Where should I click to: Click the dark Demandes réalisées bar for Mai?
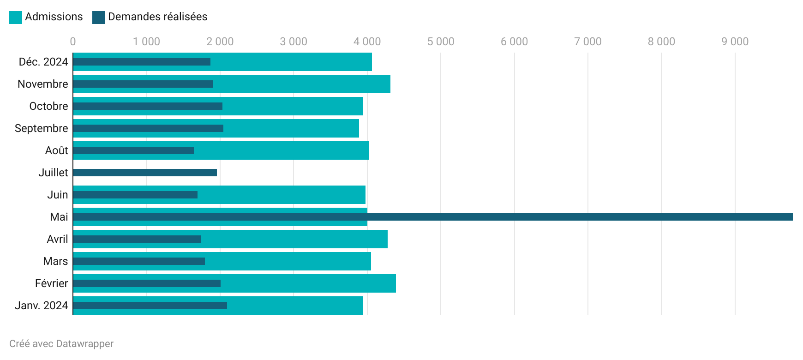click(x=432, y=217)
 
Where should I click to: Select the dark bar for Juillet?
click(x=145, y=173)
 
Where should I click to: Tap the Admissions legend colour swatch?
click(x=16, y=18)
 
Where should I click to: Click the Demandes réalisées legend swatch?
click(x=99, y=18)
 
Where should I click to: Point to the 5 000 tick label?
click(x=441, y=42)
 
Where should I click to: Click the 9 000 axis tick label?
click(x=735, y=42)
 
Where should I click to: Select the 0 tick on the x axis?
click(x=73, y=42)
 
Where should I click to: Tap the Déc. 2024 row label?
click(x=43, y=62)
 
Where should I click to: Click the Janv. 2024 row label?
click(x=42, y=306)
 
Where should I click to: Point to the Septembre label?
click(x=42, y=128)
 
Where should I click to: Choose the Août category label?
click(x=56, y=150)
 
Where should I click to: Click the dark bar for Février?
click(x=147, y=283)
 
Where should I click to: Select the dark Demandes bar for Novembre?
click(x=143, y=84)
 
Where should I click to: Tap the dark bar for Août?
click(x=133, y=150)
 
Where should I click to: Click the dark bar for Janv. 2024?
click(x=150, y=306)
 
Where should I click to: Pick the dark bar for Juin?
click(x=135, y=195)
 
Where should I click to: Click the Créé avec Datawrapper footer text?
click(x=61, y=344)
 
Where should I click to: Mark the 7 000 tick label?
click(x=587, y=42)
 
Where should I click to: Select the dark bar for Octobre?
click(x=148, y=106)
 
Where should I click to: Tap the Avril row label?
click(x=57, y=239)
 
